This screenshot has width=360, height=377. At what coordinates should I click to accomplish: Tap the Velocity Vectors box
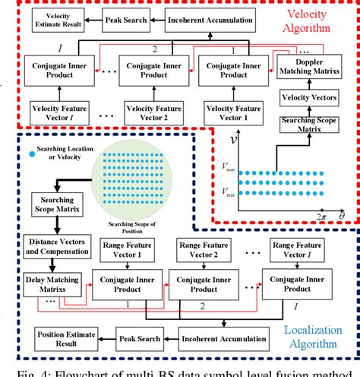pos(305,97)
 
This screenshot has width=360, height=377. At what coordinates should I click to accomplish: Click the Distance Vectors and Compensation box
pos(49,245)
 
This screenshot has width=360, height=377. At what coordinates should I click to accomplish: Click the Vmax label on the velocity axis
pos(228,163)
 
